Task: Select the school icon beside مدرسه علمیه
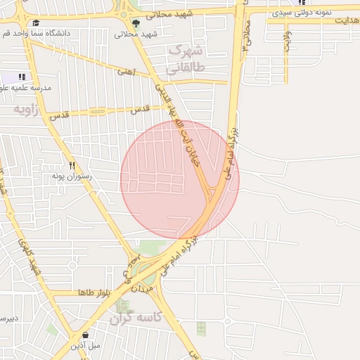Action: coord(22,77)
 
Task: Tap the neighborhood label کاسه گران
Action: coord(135,318)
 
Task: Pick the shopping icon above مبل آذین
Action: coord(86,335)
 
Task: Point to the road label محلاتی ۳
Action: coord(245,39)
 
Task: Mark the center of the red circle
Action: coord(180,179)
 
